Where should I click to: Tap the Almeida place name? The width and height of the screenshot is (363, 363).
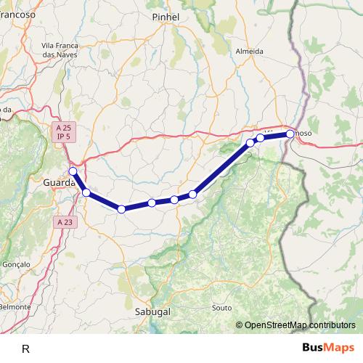point(250,52)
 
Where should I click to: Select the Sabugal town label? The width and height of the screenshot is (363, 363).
point(152,311)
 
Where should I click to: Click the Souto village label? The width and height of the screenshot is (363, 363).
point(221,308)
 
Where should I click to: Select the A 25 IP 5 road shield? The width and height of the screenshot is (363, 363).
point(64,131)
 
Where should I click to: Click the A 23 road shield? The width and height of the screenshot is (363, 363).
point(64,222)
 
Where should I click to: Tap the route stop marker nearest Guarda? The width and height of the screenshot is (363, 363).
point(73,171)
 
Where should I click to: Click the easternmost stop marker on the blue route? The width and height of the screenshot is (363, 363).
point(290,134)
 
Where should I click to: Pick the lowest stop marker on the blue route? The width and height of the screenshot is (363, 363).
point(121,209)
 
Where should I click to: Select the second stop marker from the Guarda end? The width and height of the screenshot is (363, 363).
point(86,192)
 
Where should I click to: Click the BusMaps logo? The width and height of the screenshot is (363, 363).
point(328,348)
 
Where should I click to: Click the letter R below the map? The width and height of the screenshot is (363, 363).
point(26,348)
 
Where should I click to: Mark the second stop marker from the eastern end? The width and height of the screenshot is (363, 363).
point(260,137)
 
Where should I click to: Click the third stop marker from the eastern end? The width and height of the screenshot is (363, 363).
point(250,142)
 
